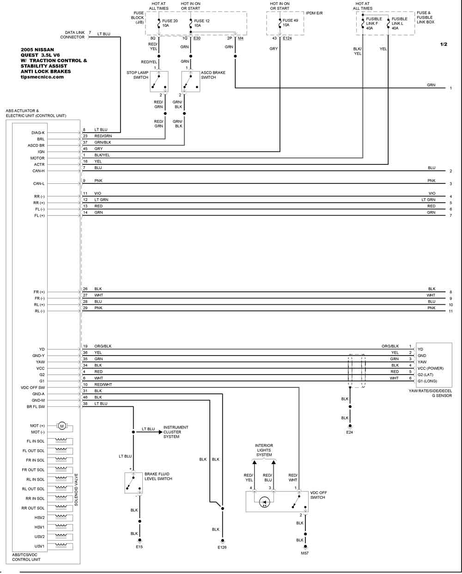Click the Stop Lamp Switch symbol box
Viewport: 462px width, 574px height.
pyautogui.click(x=159, y=81)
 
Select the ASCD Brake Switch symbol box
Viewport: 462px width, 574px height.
pyautogui.click(x=190, y=81)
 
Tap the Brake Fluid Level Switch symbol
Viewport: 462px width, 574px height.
pyautogui.click(x=134, y=483)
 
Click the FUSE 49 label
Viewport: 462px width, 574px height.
pyautogui.click(x=290, y=20)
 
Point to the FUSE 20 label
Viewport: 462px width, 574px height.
pyautogui.click(x=170, y=21)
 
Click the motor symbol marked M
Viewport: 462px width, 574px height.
pyautogui.click(x=62, y=426)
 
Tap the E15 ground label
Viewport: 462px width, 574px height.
pyautogui.click(x=140, y=547)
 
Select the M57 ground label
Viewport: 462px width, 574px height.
pyautogui.click(x=305, y=553)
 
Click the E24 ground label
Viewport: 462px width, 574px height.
pyautogui.click(x=349, y=432)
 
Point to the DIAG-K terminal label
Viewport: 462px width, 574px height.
pyautogui.click(x=38, y=133)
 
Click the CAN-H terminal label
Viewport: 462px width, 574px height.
pyautogui.click(x=38, y=171)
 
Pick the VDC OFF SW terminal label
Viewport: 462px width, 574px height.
pyautogui.click(x=33, y=387)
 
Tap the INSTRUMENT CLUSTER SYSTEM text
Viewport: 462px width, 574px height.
pyautogui.click(x=176, y=432)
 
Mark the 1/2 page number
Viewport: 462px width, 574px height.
pyautogui.click(x=444, y=44)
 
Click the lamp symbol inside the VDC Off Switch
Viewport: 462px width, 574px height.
pyautogui.click(x=264, y=502)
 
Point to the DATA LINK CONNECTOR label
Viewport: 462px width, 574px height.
pyautogui.click(x=72, y=35)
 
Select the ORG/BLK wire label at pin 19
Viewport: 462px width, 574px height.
pyautogui.click(x=103, y=346)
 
